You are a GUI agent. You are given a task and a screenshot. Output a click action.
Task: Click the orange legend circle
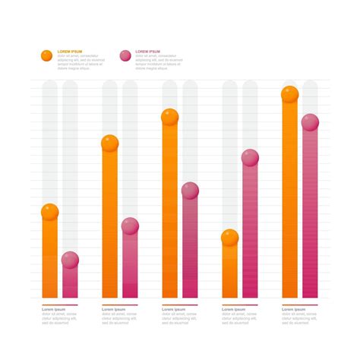pyautogui.click(x=46, y=55)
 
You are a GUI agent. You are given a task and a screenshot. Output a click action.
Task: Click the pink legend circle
pyautogui.click(x=125, y=55)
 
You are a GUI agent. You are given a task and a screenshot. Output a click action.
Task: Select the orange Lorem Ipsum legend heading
pyautogui.click(x=71, y=51)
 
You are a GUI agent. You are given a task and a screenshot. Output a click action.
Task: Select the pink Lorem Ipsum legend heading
pyautogui.click(x=148, y=51)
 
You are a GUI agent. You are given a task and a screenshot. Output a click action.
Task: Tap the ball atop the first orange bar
pyautogui.click(x=50, y=212)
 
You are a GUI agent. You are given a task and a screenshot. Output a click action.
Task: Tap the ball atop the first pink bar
pyautogui.click(x=70, y=260)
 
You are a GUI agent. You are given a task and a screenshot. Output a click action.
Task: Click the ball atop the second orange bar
pyautogui.click(x=110, y=143)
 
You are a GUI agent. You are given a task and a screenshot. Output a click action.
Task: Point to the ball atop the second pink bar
pyautogui.click(x=130, y=226)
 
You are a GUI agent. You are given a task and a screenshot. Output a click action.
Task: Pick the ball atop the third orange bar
pyautogui.click(x=170, y=117)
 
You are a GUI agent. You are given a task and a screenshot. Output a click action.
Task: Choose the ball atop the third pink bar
pyautogui.click(x=190, y=191)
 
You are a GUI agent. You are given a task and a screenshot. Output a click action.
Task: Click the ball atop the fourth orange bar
pyautogui.click(x=230, y=238)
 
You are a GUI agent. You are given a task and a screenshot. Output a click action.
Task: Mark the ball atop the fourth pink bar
pyautogui.click(x=250, y=158)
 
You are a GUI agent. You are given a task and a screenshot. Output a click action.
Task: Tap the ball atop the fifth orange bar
pyautogui.click(x=290, y=94)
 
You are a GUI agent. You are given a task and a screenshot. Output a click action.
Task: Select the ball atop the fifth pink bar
pyautogui.click(x=310, y=122)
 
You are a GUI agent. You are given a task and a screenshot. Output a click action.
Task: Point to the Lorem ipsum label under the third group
pyautogui.click(x=173, y=310)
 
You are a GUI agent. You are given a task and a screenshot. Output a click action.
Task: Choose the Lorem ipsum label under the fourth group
pyautogui.click(x=233, y=310)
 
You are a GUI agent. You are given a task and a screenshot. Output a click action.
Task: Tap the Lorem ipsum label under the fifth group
pyautogui.click(x=293, y=310)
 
